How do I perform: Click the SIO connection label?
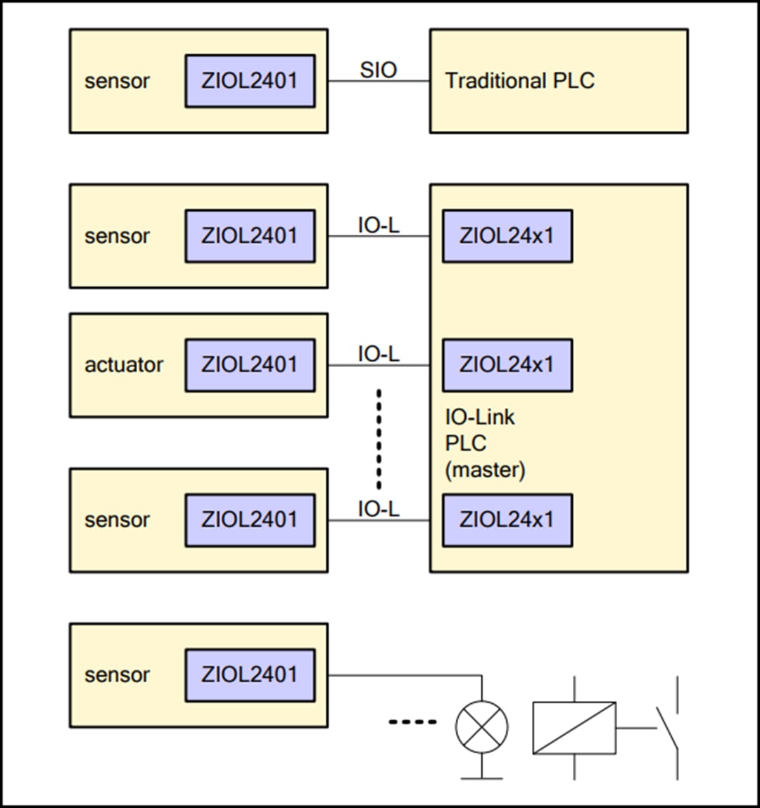(x=379, y=70)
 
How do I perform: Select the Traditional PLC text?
(x=519, y=81)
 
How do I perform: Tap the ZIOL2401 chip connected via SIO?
(x=250, y=81)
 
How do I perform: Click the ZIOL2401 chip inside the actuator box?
(x=250, y=365)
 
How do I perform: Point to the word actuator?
(x=124, y=365)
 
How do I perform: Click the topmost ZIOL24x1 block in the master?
(x=507, y=236)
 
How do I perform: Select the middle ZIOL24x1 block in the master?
(x=507, y=365)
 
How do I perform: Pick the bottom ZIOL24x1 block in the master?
(x=507, y=520)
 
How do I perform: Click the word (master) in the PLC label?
(x=485, y=469)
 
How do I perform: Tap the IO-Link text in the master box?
(x=479, y=417)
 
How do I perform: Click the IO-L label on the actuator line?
(x=379, y=354)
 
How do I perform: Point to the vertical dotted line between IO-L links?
(x=379, y=439)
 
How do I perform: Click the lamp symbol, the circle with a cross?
(x=482, y=726)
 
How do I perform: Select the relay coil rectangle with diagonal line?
(x=574, y=728)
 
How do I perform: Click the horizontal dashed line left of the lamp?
(x=412, y=722)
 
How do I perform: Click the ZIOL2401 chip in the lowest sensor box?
(x=250, y=675)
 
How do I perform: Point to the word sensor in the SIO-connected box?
(x=117, y=82)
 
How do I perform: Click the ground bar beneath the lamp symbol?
(x=482, y=777)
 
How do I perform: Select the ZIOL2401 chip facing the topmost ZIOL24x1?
(x=250, y=236)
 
